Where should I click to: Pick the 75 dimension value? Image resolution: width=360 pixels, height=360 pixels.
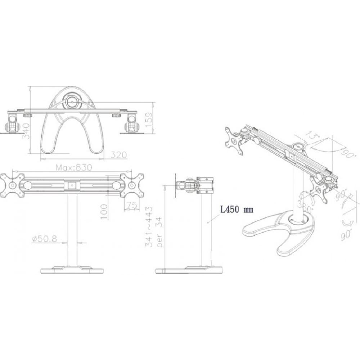pyautogui.click(x=132, y=205)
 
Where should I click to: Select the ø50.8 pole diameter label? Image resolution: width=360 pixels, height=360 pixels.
pyautogui.click(x=44, y=239)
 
